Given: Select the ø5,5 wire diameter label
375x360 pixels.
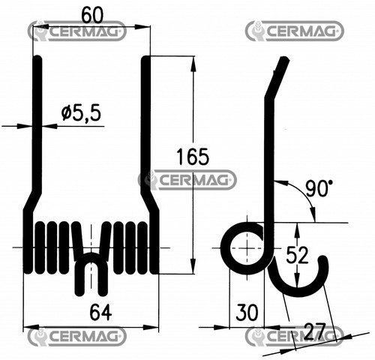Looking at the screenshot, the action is [81, 112].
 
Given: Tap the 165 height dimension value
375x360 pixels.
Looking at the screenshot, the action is [193, 157].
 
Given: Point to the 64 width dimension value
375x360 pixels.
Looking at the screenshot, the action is [100, 313].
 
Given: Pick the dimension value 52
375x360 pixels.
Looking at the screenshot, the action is [297, 255].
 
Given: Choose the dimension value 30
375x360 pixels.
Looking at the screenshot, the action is [247, 312].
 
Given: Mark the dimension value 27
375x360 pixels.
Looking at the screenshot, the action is [315, 331].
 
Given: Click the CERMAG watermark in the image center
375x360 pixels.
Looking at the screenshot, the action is [187, 180].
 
